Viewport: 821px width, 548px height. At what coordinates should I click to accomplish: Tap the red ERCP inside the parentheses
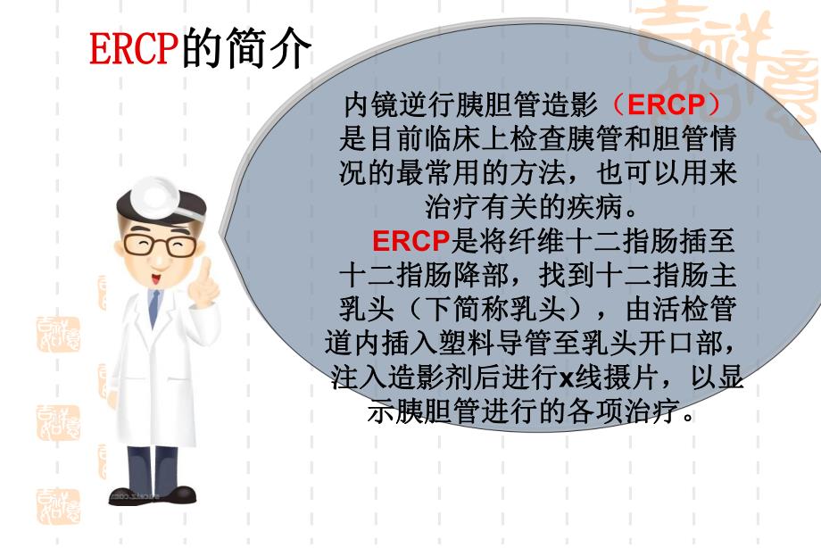pyautogui.click(x=668, y=105)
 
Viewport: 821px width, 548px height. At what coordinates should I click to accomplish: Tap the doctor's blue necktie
pyautogui.click(x=153, y=309)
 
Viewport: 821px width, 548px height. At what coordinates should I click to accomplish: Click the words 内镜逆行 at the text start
pyautogui.click(x=389, y=105)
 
